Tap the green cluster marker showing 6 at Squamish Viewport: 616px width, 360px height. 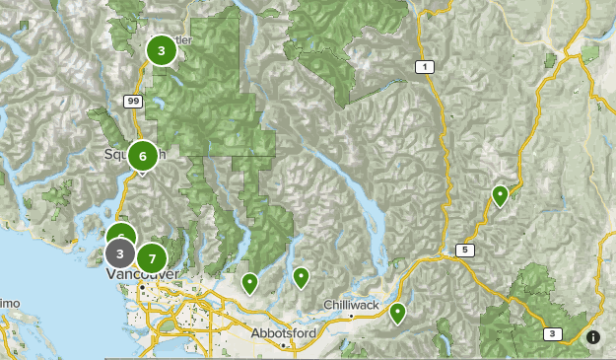point(143,156)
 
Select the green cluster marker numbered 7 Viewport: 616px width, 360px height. point(151,258)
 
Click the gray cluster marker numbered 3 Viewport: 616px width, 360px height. point(119,254)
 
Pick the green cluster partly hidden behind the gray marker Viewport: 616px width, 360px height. point(120,235)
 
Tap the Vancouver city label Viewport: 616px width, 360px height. point(141,273)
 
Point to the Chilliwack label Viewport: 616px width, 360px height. point(352,306)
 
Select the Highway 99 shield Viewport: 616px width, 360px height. point(132,101)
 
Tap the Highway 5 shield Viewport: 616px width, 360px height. point(463,250)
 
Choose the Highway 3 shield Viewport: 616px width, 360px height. point(553,334)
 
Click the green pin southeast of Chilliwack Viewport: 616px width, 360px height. point(397,314)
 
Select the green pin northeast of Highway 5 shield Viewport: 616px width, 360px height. point(501,195)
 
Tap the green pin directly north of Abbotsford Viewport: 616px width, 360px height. point(301,277)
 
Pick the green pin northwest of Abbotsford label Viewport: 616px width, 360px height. point(250,283)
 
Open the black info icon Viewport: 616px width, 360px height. point(593,337)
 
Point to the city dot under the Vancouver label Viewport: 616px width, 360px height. point(142,286)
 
